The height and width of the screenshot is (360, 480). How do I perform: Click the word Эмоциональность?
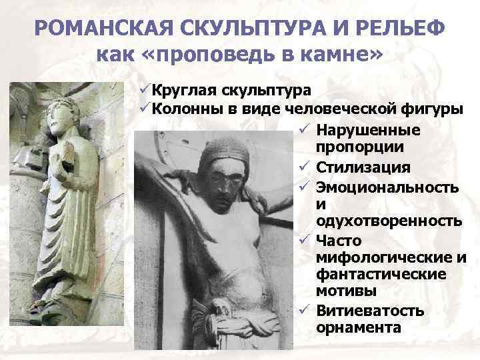[x=387, y=186]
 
